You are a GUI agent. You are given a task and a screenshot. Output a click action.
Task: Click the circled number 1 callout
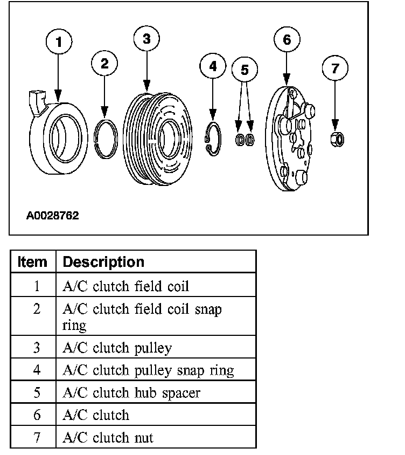pyautogui.click(x=59, y=42)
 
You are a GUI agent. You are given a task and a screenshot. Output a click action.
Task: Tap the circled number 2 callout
pyautogui.click(x=104, y=63)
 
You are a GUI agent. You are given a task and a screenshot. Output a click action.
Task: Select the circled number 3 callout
pyautogui.click(x=146, y=38)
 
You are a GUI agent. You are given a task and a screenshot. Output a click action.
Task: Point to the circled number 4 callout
pyautogui.click(x=213, y=66)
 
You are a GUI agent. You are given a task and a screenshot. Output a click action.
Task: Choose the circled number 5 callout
pyautogui.click(x=245, y=70)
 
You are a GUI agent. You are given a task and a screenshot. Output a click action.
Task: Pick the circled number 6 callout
pyautogui.click(x=287, y=39)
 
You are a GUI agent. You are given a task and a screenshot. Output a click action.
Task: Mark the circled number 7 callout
pyautogui.click(x=336, y=68)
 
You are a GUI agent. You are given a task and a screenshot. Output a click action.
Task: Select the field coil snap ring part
pyautogui.click(x=105, y=139)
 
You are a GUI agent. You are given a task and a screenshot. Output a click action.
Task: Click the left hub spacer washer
pyautogui.click(x=240, y=140)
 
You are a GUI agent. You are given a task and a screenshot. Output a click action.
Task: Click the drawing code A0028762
pyautogui.click(x=53, y=216)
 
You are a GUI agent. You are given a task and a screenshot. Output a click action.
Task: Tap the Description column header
pyautogui.click(x=104, y=262)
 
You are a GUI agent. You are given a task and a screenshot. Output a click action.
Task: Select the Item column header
pyautogui.click(x=32, y=262)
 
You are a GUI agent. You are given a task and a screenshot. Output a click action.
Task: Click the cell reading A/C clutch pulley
pyautogui.click(x=117, y=348)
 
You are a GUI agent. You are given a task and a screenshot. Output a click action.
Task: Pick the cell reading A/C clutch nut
pyautogui.click(x=108, y=437)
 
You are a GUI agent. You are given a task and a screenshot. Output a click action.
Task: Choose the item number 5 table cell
pyautogui.click(x=37, y=392)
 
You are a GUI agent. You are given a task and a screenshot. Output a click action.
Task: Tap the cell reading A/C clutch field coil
pyautogui.click(x=126, y=286)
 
